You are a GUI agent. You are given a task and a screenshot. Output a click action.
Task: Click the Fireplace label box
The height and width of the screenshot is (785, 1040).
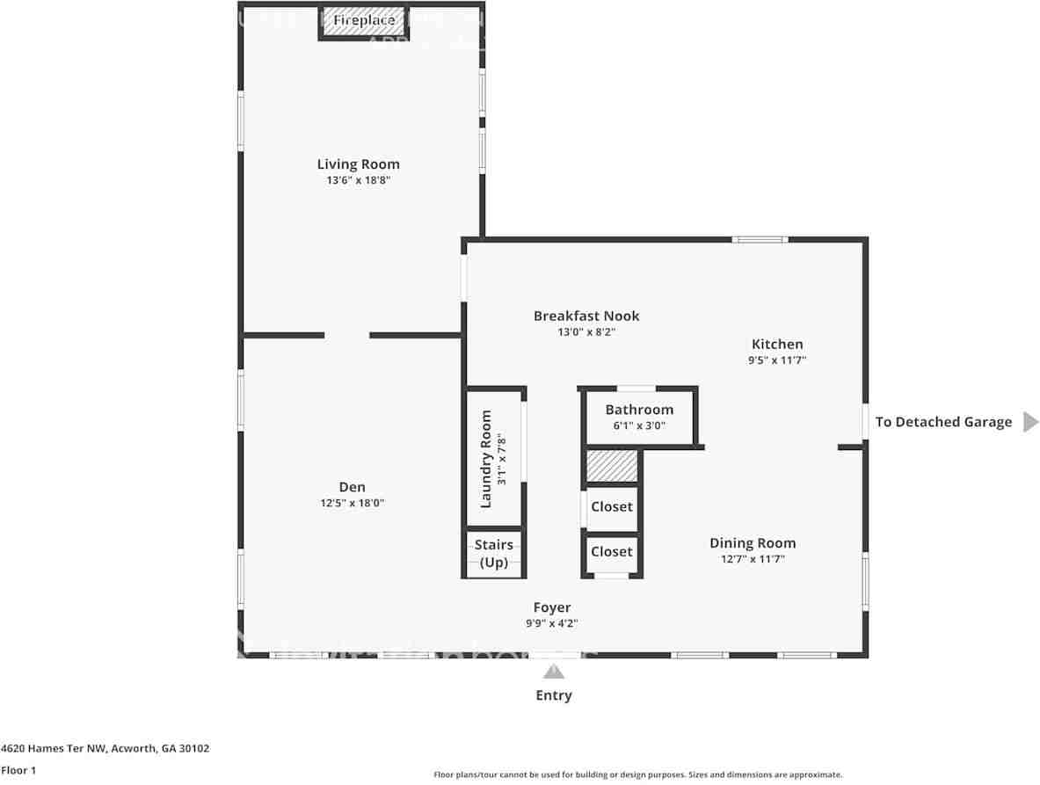(357, 20)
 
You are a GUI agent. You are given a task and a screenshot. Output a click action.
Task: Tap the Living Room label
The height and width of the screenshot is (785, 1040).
(358, 164)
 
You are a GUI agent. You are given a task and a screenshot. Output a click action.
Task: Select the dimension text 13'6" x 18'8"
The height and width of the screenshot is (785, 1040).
(358, 180)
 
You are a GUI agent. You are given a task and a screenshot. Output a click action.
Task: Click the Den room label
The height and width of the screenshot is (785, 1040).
(352, 487)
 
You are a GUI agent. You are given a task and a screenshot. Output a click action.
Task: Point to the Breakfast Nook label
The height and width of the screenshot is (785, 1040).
(586, 316)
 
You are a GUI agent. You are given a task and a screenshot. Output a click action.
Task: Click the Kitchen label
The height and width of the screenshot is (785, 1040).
(777, 345)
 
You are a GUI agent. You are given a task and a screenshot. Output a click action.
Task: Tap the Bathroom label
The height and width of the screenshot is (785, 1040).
(639, 410)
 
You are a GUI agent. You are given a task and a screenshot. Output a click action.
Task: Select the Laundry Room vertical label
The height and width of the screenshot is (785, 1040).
(486, 459)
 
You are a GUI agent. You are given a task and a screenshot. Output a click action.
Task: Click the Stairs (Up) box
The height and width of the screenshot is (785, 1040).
(493, 554)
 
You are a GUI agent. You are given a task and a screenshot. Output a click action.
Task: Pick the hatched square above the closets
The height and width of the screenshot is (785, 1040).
(611, 466)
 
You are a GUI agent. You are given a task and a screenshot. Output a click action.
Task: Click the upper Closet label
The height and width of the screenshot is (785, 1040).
(611, 507)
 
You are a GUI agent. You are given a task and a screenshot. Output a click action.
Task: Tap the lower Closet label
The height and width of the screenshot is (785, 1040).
(611, 552)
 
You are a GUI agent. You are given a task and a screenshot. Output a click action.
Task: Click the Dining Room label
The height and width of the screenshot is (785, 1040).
(753, 543)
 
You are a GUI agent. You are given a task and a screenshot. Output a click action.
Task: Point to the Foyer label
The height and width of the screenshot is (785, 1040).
(552, 607)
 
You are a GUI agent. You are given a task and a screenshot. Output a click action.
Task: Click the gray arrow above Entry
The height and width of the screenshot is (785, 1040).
(553, 672)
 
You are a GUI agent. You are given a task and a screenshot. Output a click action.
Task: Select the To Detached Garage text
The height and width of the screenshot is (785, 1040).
(943, 422)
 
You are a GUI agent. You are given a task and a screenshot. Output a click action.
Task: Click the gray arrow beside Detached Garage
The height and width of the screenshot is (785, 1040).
(1030, 422)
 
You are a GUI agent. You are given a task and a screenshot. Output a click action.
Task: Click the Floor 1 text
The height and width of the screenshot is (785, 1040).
(18, 770)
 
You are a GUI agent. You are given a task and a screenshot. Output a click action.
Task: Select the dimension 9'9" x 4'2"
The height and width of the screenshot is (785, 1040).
(552, 623)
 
